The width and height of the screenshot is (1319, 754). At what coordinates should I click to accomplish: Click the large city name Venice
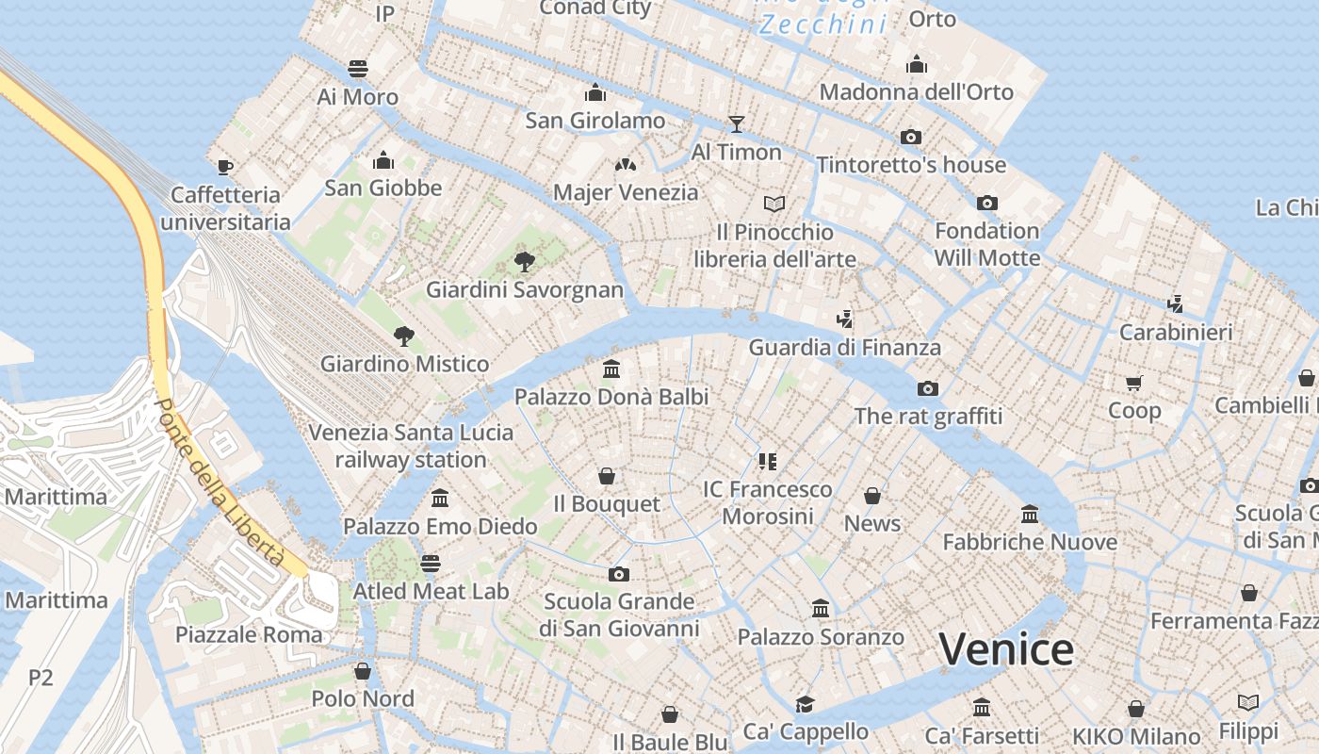pos(1006,649)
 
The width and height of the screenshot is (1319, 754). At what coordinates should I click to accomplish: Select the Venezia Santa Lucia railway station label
pos(412,446)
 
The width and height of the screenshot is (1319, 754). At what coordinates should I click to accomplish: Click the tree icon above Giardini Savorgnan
pos(525,262)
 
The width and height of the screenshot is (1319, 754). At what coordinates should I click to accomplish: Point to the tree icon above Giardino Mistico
pos(404,336)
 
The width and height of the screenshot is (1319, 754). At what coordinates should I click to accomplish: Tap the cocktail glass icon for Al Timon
pos(736,123)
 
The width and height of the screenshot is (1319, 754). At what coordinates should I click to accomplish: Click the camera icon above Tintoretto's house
pos(910,137)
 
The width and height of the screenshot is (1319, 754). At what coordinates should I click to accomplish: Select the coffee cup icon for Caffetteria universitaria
pos(224,167)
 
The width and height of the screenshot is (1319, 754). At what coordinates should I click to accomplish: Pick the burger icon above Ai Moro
pos(357,69)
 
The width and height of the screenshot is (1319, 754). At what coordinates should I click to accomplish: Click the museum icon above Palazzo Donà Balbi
pos(611,369)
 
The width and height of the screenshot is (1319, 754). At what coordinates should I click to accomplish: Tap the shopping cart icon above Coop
pos(1133,383)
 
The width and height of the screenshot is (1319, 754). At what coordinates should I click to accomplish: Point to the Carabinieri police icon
pos(1175,303)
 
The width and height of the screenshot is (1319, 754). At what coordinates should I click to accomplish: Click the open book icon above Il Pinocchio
pos(774,204)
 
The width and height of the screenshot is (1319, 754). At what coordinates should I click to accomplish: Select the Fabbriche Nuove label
pos(1030,542)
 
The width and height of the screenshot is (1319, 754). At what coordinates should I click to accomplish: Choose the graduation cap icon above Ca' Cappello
pos(805,704)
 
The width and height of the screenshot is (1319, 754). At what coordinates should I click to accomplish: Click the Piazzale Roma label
pos(249,634)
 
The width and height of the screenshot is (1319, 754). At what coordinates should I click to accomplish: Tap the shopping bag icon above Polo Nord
pos(362,671)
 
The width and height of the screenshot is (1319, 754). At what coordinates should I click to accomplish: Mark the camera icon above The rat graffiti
pos(928,388)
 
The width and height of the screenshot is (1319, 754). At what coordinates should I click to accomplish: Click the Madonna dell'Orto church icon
pos(917,64)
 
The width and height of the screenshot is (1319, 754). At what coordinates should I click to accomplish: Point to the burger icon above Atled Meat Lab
pos(431,564)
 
